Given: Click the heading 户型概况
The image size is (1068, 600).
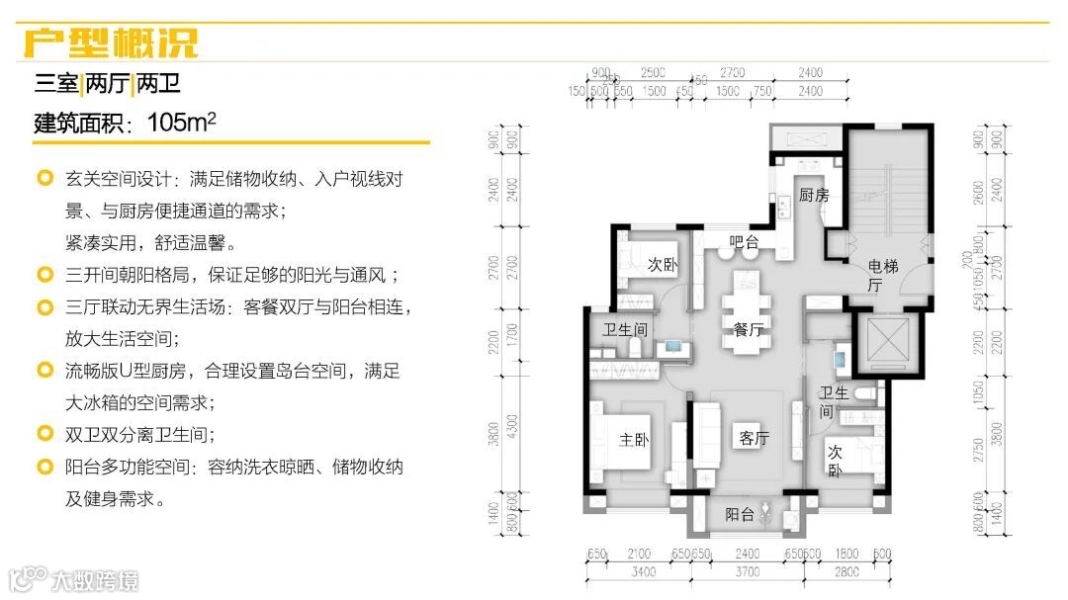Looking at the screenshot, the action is pyautogui.click(x=111, y=43).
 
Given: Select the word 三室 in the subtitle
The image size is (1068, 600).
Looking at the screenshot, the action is pyautogui.click(x=56, y=84).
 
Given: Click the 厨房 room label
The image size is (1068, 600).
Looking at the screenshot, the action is pyautogui.click(x=814, y=195).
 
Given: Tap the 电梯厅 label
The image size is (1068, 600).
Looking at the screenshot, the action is pyautogui.click(x=876, y=275).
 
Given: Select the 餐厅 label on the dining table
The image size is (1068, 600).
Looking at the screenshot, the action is pyautogui.click(x=748, y=330).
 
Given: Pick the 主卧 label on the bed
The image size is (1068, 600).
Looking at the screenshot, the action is pyautogui.click(x=632, y=441).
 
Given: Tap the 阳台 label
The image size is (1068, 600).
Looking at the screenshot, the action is pyautogui.click(x=740, y=515).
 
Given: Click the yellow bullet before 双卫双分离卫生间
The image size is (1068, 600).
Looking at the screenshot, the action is pyautogui.click(x=44, y=434).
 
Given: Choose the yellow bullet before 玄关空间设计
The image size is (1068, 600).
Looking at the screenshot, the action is pyautogui.click(x=44, y=180).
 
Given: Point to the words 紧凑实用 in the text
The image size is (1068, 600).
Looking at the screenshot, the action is pyautogui.click(x=102, y=243).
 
